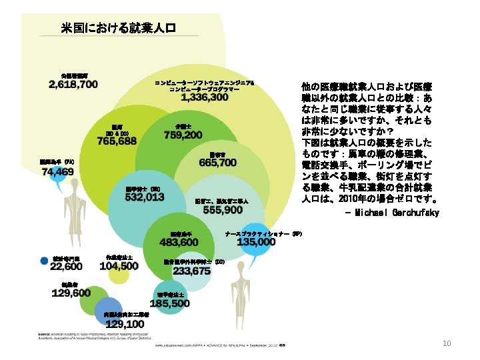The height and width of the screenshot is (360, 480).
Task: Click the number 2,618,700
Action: (73, 85)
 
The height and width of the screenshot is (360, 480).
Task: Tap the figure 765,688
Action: (117, 141)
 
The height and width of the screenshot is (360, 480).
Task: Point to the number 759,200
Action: (183, 135)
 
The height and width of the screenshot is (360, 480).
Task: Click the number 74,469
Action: (58, 172)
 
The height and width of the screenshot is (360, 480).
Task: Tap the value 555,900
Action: (223, 209)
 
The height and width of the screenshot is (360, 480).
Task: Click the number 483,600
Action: (179, 242)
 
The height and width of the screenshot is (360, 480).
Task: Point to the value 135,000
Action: (256, 242)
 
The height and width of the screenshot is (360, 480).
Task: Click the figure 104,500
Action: (119, 265)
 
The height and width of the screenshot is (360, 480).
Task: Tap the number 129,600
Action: (72, 293)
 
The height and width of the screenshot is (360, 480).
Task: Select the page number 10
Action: (448, 343)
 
